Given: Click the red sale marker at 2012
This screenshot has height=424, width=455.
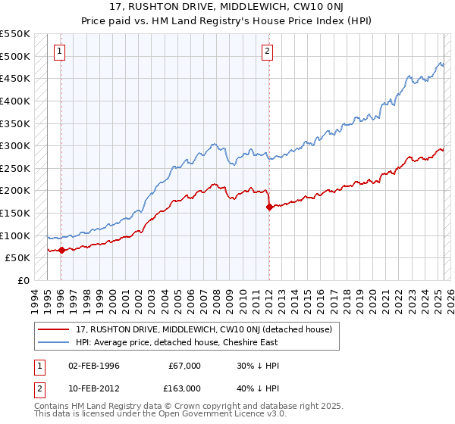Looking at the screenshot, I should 268,207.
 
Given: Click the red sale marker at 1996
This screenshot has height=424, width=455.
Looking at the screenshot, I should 61,250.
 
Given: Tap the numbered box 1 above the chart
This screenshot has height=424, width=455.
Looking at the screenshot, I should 60,51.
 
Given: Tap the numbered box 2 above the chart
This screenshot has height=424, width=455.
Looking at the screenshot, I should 268,51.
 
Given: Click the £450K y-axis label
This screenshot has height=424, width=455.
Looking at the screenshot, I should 15,78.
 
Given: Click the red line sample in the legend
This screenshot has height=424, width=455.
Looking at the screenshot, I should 54,329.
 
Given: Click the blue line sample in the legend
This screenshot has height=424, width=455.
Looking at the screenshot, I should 54,342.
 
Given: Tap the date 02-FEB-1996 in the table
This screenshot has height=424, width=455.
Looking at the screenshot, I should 94,366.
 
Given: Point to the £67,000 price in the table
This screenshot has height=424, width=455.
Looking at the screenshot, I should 185,366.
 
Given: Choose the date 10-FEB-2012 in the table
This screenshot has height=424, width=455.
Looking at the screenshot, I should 94,388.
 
